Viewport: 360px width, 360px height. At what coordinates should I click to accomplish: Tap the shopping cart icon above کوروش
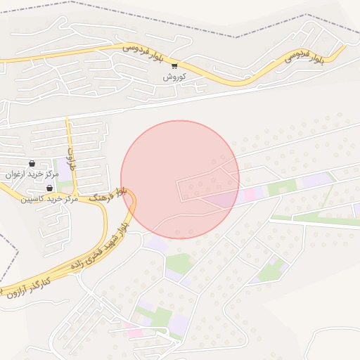pos(174,65)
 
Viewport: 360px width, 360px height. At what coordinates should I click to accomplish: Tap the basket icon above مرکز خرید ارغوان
pos(32,163)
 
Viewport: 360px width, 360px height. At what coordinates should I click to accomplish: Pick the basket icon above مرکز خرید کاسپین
pos(49,188)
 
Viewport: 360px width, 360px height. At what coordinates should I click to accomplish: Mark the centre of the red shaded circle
pos(180,179)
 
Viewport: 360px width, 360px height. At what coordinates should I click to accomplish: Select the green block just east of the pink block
pos(281,188)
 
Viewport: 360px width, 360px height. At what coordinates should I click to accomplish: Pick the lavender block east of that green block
pos(316,180)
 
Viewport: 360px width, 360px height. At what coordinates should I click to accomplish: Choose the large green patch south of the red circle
pos(180,264)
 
